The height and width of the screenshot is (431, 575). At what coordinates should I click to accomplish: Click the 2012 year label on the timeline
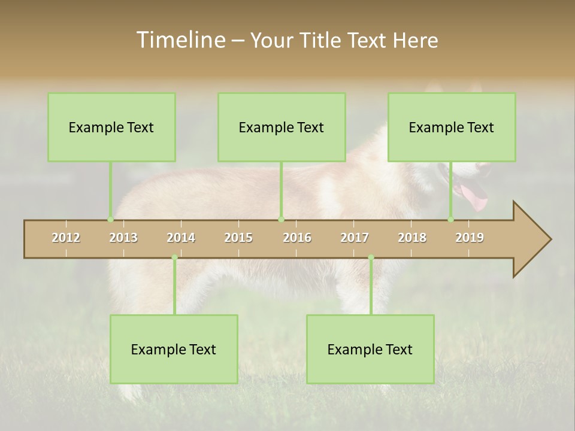[x=66, y=238]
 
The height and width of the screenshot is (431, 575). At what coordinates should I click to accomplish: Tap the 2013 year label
[x=123, y=238]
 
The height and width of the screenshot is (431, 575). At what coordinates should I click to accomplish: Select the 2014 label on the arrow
[x=181, y=238]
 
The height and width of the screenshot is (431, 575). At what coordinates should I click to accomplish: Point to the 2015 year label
[x=238, y=238]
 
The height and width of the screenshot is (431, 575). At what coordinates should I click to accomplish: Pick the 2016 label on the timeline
[x=297, y=238]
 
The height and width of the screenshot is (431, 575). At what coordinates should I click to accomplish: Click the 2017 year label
[x=355, y=238]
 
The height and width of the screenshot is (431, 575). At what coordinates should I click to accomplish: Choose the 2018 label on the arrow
[x=412, y=238]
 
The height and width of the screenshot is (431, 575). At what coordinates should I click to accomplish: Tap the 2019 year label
[x=470, y=238]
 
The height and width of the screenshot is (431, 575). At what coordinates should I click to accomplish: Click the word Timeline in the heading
[x=180, y=40]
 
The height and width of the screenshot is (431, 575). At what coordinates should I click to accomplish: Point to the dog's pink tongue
[x=474, y=197]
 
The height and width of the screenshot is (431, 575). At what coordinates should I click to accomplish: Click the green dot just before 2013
[x=110, y=220]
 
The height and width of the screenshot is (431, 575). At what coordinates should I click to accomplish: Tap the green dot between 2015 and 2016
[x=281, y=220]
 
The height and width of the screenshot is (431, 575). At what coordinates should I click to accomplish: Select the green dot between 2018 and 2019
[x=451, y=220]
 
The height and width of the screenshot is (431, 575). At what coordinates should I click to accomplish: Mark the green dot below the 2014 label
[x=174, y=258]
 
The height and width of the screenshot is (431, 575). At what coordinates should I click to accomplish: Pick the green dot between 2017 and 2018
[x=371, y=258]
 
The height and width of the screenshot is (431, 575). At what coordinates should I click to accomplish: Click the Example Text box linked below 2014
[x=174, y=349]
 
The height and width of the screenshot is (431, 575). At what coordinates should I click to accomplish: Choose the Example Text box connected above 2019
[x=452, y=127]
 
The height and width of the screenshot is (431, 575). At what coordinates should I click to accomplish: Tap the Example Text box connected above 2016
[x=282, y=127]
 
